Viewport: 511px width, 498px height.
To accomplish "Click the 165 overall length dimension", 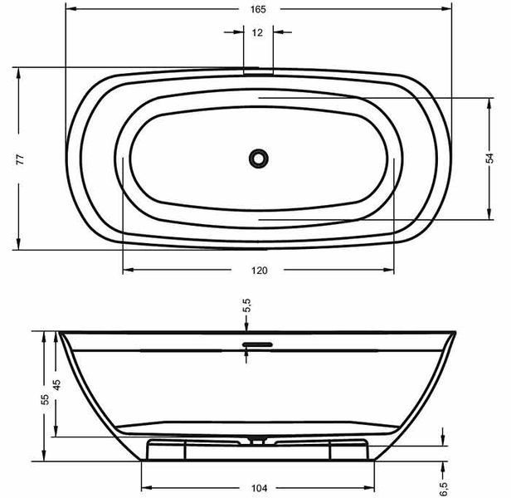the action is (258, 9).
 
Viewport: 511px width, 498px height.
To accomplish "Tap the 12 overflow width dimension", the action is (257, 32).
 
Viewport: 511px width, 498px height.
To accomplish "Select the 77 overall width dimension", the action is (20, 159).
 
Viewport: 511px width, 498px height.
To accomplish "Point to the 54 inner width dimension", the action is (489, 158).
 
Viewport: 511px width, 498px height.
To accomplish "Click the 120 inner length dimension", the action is (260, 271).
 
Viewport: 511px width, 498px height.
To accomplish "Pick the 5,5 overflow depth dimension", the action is (246, 305).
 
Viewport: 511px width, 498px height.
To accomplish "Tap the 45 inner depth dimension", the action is (56, 385).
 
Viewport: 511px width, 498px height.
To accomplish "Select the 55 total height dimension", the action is (45, 399).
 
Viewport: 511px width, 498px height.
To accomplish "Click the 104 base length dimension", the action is (260, 488).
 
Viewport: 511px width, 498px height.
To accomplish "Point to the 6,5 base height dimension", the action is (444, 489).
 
